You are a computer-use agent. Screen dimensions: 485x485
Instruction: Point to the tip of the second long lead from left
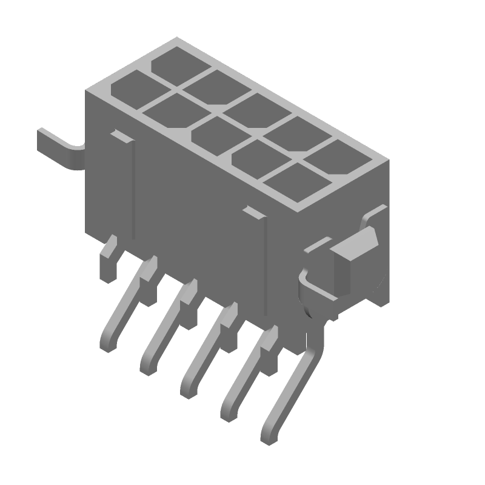tap(148, 366)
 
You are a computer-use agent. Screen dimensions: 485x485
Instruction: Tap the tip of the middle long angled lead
tap(189, 388)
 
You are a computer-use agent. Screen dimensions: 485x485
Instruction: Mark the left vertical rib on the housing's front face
tap(130, 188)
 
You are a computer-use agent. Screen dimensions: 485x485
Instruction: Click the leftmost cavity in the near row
tap(130, 87)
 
